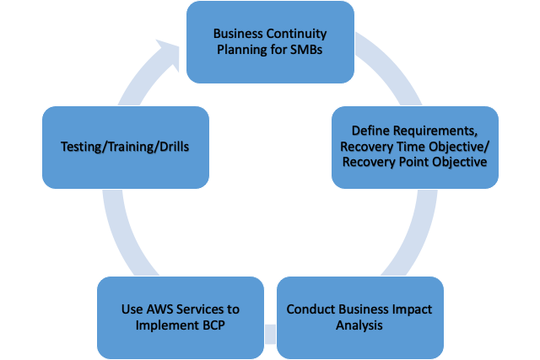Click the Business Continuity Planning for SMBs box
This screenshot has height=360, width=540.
click(x=270, y=42)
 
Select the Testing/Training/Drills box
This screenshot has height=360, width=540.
click(x=125, y=146)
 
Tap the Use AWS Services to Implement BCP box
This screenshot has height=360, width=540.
click(x=180, y=317)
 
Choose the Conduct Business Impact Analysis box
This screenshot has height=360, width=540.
click(x=359, y=317)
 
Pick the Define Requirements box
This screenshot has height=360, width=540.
click(x=414, y=147)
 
